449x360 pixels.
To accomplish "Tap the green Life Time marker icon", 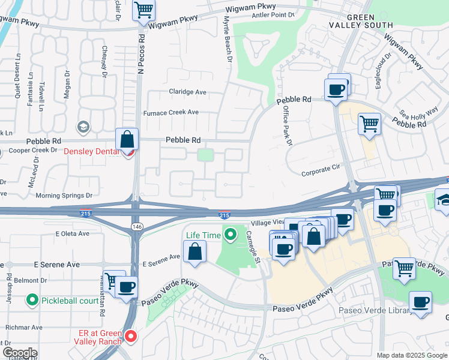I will pyautogui.click(x=229, y=235).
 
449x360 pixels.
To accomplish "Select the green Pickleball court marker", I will pyautogui.click(x=32, y=299).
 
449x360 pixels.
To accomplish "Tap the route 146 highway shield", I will pyautogui.click(x=136, y=224).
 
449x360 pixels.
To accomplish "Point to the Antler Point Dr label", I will pyautogui.click(x=276, y=14).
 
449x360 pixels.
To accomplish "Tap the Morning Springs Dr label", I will pyautogui.click(x=64, y=195).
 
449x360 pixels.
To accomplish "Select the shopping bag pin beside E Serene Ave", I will pyautogui.click(x=195, y=251).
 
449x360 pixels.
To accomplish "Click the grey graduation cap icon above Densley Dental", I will pyautogui.click(x=82, y=127).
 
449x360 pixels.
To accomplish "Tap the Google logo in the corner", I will pyautogui.click(x=20, y=353).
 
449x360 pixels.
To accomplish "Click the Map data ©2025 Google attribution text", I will pyautogui.click(x=411, y=355).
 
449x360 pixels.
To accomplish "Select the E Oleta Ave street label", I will pyautogui.click(x=71, y=233).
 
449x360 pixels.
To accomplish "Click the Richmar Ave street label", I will pyautogui.click(x=24, y=328).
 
